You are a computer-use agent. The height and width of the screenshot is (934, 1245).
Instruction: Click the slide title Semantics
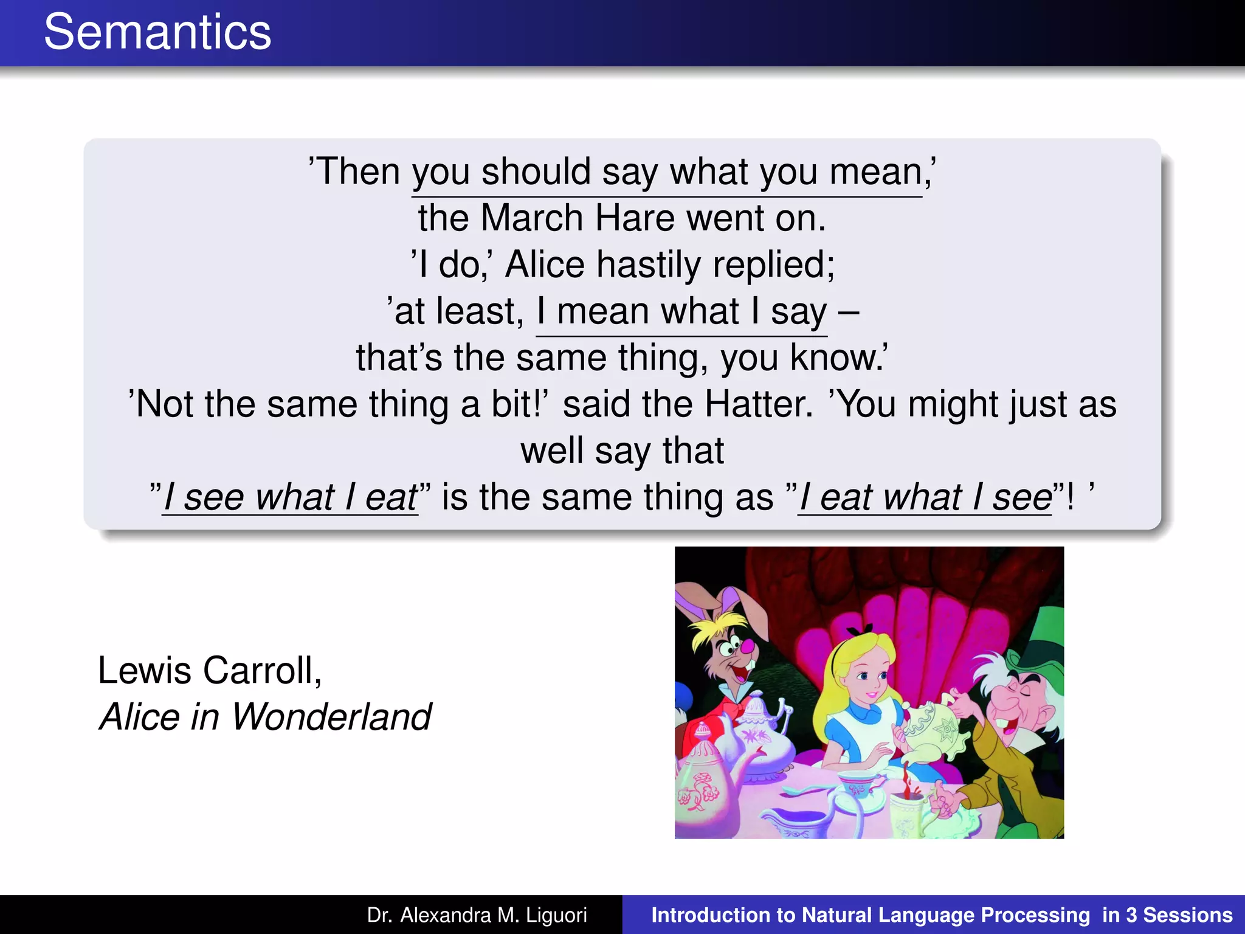coord(157,32)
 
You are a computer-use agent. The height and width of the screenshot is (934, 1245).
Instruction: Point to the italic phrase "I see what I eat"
coord(290,497)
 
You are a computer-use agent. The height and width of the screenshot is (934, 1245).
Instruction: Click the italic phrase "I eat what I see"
coord(925,497)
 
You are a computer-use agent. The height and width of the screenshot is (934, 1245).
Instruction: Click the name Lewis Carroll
coord(210,670)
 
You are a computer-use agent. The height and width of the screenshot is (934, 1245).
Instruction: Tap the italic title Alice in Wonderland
coord(265,716)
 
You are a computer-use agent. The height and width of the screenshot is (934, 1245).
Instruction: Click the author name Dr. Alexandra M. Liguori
coord(477,915)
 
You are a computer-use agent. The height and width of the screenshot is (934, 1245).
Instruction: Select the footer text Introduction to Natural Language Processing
coord(871,915)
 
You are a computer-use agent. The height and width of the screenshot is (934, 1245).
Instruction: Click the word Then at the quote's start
coord(358,171)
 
